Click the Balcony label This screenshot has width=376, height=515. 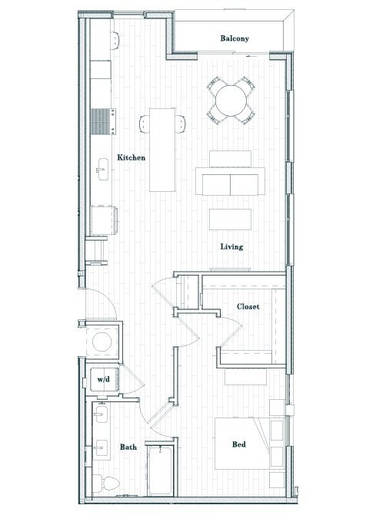[235, 38]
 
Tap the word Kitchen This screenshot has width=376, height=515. [131, 157]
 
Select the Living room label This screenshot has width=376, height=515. [231, 247]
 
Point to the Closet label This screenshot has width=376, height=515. [248, 306]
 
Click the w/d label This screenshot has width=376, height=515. [101, 379]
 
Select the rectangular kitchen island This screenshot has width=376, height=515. [161, 149]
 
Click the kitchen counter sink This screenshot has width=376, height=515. [102, 166]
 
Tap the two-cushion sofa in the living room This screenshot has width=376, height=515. [231, 184]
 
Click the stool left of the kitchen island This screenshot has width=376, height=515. [144, 123]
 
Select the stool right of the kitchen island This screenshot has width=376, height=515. [181, 123]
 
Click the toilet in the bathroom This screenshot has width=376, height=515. [107, 483]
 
